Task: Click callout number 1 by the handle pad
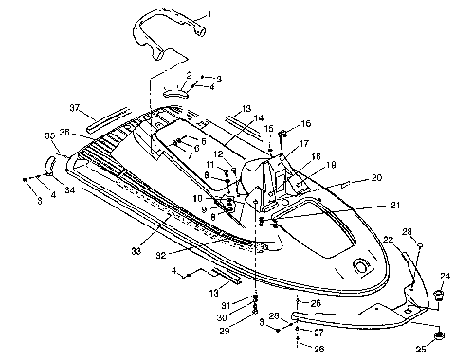pyautogui.click(x=210, y=16)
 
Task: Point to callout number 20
pyautogui.click(x=350, y=177)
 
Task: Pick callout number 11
pyautogui.click(x=210, y=166)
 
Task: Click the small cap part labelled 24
pyautogui.click(x=439, y=297)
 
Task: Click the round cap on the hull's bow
pyautogui.click(x=361, y=264)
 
